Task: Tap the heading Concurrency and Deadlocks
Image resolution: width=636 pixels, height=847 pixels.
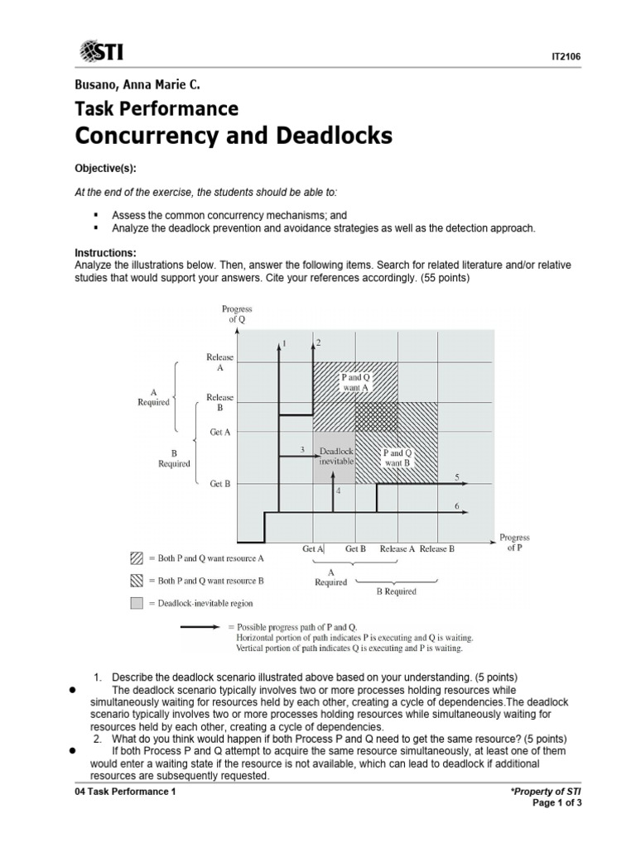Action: pos(234,136)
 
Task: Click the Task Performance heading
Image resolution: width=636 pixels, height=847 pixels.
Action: pos(157,108)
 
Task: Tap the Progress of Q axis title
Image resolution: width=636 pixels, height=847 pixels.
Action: pos(237,314)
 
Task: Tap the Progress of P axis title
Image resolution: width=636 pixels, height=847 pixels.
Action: pos(515,543)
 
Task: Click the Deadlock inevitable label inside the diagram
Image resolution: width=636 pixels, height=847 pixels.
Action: pos(335,456)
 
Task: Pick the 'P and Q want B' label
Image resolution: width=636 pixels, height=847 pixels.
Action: pos(396,457)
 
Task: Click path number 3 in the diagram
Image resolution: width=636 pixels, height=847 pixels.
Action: pos(302,450)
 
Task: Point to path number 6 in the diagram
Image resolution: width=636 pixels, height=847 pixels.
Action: pos(456,505)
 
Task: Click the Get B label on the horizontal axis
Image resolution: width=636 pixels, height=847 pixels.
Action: pos(356,548)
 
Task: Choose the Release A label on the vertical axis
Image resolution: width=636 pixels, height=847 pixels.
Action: pos(220,362)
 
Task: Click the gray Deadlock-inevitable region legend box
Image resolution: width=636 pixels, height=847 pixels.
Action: pos(137,604)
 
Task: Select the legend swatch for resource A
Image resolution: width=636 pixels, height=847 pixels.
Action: pos(137,558)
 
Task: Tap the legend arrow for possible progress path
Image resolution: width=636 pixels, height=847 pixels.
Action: pos(202,628)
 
